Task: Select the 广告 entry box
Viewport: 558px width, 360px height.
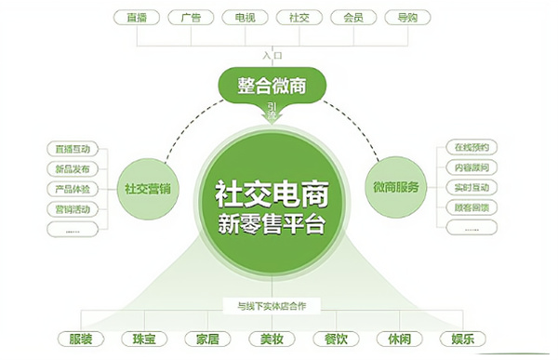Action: coord(193,16)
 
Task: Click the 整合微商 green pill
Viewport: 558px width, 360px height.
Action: coord(272,87)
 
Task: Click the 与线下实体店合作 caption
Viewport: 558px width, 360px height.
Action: coord(272,303)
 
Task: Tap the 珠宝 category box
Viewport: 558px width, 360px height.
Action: coord(146,339)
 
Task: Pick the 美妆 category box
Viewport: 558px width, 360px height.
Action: coord(272,339)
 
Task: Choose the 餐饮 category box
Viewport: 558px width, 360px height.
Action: coord(336,339)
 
